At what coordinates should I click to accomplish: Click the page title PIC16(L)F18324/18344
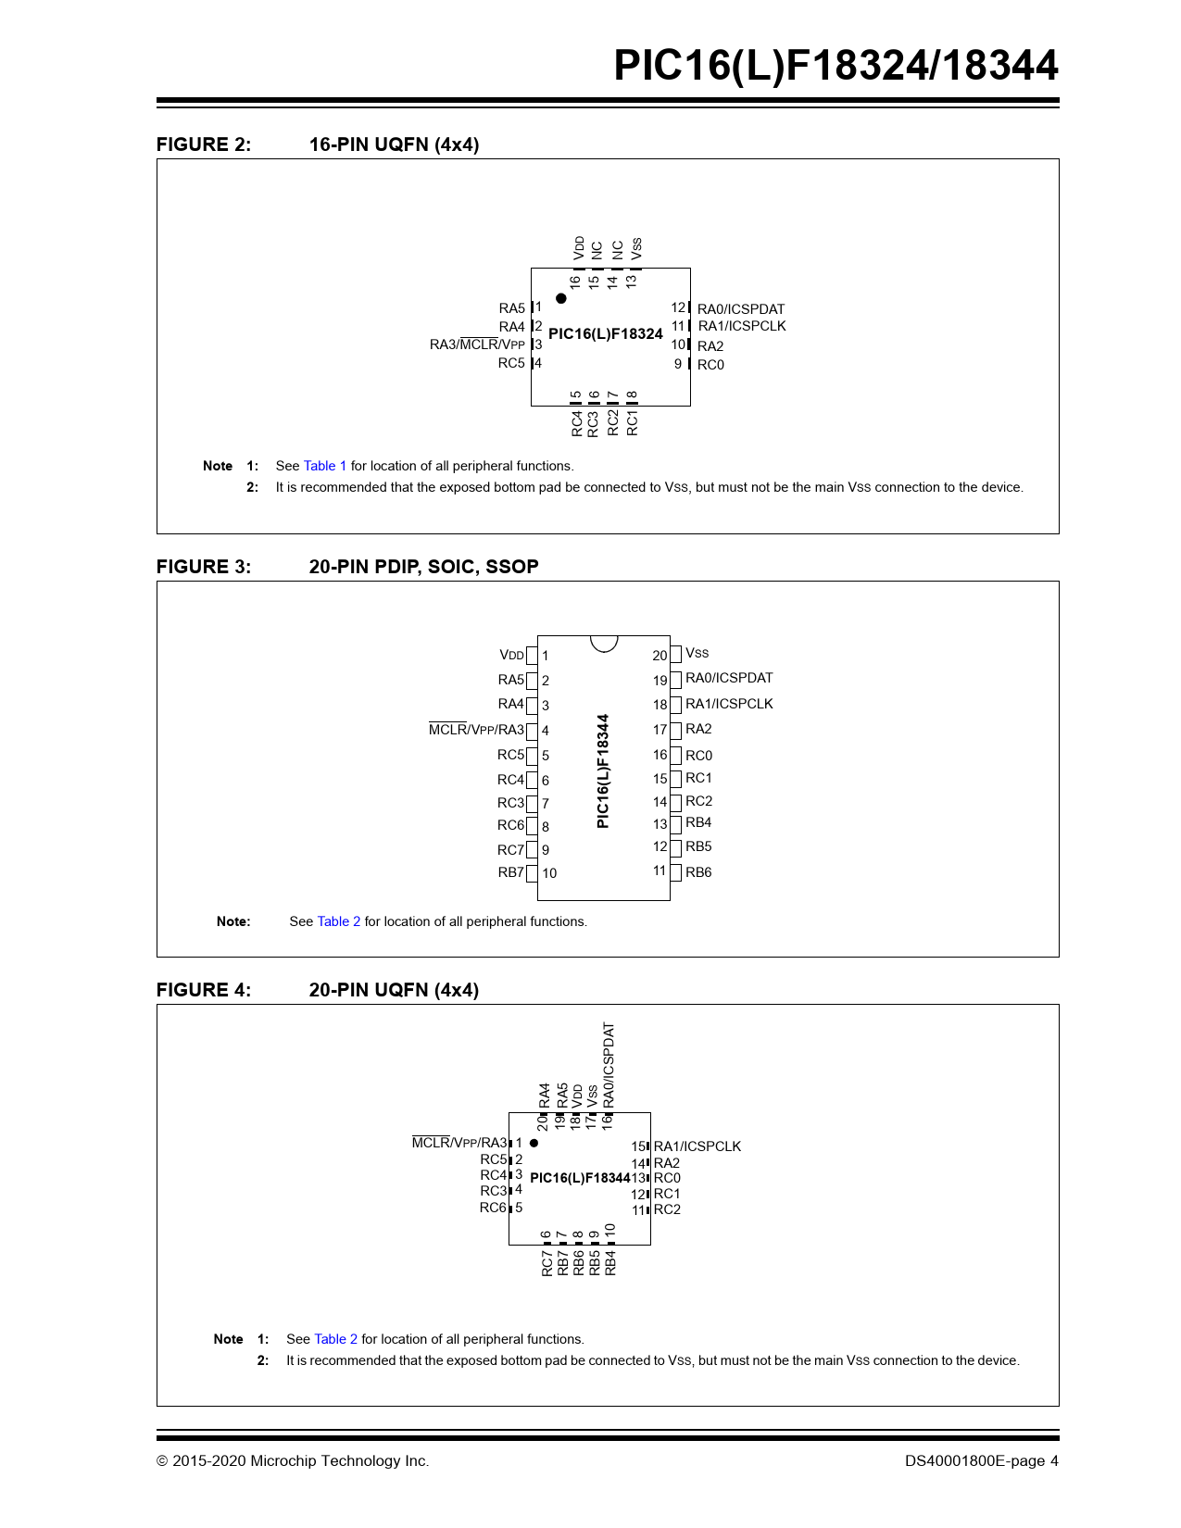835,66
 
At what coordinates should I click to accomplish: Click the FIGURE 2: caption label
203,144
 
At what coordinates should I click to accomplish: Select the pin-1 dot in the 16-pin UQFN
561,298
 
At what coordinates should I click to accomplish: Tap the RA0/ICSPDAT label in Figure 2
740,309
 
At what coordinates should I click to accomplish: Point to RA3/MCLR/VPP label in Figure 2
477,344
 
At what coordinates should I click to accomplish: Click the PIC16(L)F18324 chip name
606,333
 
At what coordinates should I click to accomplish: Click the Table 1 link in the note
324,466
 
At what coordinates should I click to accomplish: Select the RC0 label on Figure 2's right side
710,365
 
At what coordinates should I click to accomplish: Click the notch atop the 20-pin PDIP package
604,643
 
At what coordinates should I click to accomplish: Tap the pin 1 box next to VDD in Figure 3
532,656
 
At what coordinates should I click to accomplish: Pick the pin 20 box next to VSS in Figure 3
676,654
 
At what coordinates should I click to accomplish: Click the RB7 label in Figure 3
510,872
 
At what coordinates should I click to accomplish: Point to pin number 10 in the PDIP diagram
549,873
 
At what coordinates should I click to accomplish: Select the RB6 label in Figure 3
698,872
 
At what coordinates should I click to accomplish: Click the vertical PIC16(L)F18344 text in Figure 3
603,770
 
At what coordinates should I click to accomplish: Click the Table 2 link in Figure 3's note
338,921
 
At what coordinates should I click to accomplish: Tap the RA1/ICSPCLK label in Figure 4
697,1146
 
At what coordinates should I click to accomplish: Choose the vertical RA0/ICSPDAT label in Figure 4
609,1064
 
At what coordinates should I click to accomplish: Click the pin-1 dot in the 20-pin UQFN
534,1143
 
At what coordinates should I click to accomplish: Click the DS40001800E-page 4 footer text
981,1460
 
